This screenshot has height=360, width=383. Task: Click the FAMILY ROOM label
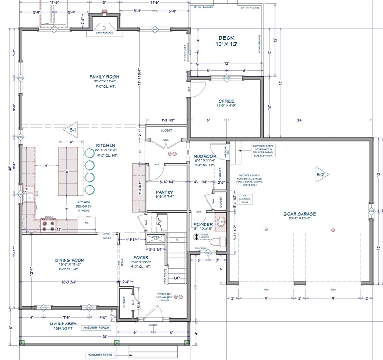tap(105, 77)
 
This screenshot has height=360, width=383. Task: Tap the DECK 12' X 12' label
tap(226, 41)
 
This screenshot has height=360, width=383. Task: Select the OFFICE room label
tap(226, 101)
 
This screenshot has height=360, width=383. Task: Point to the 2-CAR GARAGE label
tap(299, 214)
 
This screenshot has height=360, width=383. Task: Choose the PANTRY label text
tap(164, 192)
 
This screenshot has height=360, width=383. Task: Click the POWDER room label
tap(203, 224)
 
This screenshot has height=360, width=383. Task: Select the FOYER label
tap(141, 258)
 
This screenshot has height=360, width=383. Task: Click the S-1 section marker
tap(73, 130)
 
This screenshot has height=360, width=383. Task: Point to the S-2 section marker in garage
tap(321, 175)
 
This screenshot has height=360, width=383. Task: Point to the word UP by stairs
tap(177, 278)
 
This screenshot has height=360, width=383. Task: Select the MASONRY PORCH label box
tap(97, 328)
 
